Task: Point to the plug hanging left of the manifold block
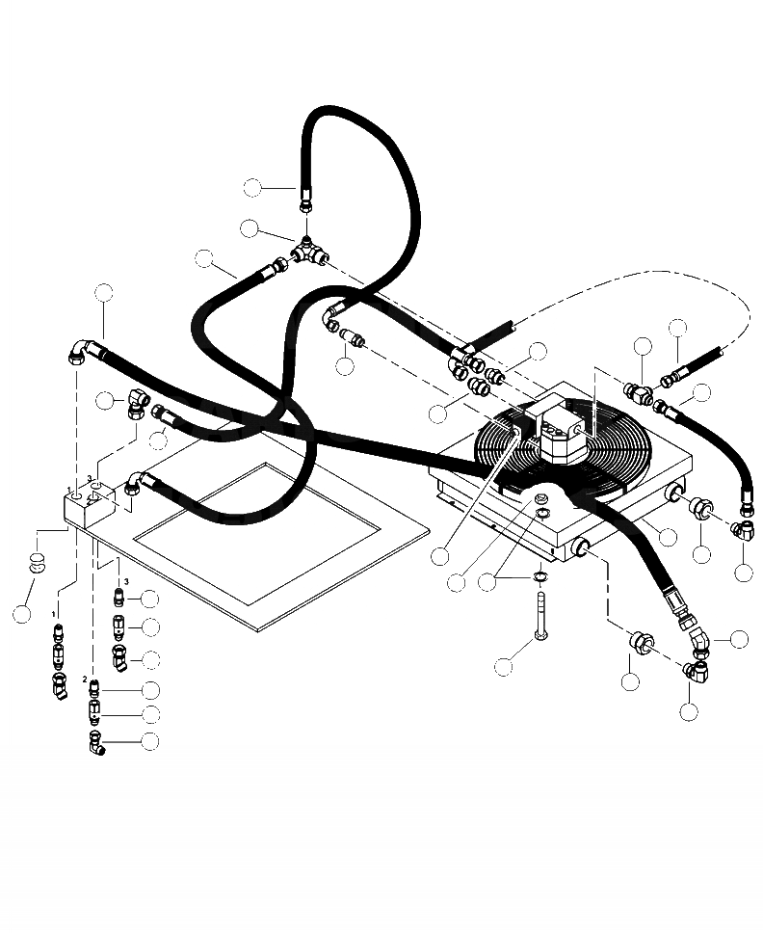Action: click(x=36, y=562)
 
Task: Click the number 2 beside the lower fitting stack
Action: click(x=85, y=680)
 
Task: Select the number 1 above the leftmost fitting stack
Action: click(x=55, y=613)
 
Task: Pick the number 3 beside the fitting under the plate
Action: click(x=125, y=581)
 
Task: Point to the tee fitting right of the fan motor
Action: click(x=638, y=391)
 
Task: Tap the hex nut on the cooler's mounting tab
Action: click(x=539, y=500)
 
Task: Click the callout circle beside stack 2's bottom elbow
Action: click(x=149, y=742)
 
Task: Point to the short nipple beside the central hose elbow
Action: click(x=356, y=338)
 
